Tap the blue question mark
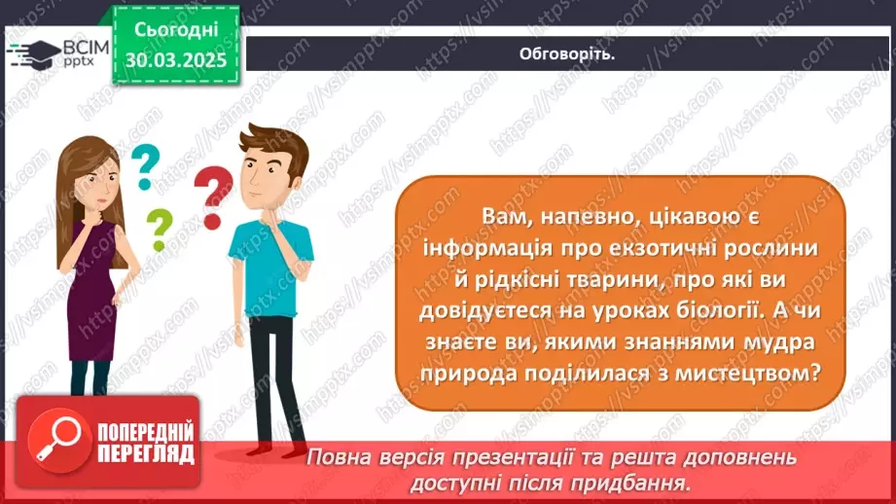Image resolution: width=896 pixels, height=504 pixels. click(x=144, y=165)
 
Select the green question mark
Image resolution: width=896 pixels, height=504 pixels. click(x=158, y=230)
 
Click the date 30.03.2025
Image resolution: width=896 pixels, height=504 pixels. click(x=176, y=59)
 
